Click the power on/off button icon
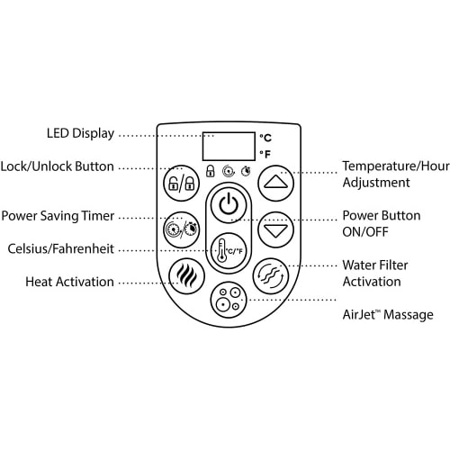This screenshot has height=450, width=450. click(229, 205)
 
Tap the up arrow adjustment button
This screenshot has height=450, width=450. click(275, 183)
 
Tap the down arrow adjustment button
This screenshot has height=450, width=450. click(275, 229)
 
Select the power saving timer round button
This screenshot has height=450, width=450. click(181, 229)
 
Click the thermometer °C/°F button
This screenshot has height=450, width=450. click(229, 251)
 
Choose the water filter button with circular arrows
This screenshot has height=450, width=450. click(271, 276)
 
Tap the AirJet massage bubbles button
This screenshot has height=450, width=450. click(229, 300)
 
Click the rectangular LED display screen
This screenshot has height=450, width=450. click(229, 146)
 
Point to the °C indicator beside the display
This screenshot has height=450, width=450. click(265, 138)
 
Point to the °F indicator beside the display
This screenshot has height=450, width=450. click(265, 154)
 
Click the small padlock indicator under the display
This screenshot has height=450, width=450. click(211, 171)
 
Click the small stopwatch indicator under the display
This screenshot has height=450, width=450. click(247, 171)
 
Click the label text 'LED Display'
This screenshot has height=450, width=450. click(80, 133)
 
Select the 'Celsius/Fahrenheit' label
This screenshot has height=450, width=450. click(61, 248)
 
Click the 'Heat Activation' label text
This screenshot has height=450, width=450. click(69, 282)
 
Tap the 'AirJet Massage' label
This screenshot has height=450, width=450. click(388, 315)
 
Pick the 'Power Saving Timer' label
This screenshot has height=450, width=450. click(58, 216)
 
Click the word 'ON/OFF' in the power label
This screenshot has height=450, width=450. click(365, 232)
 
